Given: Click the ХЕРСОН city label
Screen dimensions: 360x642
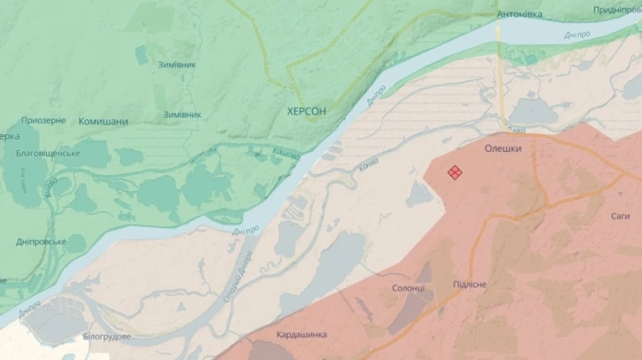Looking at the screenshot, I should pyautogui.click(x=306, y=111).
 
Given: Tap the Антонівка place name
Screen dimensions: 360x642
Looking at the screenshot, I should pyautogui.click(x=519, y=14).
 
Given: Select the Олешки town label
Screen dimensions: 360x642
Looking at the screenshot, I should pyautogui.click(x=503, y=149).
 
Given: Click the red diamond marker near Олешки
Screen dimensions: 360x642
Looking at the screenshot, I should pyautogui.click(x=454, y=173).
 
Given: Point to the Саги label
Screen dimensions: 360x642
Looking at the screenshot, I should pyautogui.click(x=620, y=216).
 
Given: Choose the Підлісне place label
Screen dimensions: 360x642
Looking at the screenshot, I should pyautogui.click(x=470, y=284).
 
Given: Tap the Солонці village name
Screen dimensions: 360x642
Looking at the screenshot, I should pyautogui.click(x=409, y=288).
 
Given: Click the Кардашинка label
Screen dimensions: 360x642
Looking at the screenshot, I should pyautogui.click(x=302, y=334).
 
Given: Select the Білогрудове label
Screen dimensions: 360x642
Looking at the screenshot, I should pyautogui.click(x=107, y=336).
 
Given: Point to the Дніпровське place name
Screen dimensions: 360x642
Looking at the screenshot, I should pyautogui.click(x=41, y=242).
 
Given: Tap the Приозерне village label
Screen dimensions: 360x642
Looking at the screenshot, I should pyautogui.click(x=44, y=120).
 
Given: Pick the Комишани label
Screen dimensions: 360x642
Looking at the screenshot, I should pyautogui.click(x=103, y=122).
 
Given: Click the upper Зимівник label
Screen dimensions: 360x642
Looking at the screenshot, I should pyautogui.click(x=177, y=65).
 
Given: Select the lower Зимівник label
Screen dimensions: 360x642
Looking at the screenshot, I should pyautogui.click(x=182, y=114).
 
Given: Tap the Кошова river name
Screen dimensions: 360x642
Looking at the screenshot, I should pyautogui.click(x=286, y=153).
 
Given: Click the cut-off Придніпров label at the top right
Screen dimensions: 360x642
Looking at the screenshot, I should pyautogui.click(x=617, y=10).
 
